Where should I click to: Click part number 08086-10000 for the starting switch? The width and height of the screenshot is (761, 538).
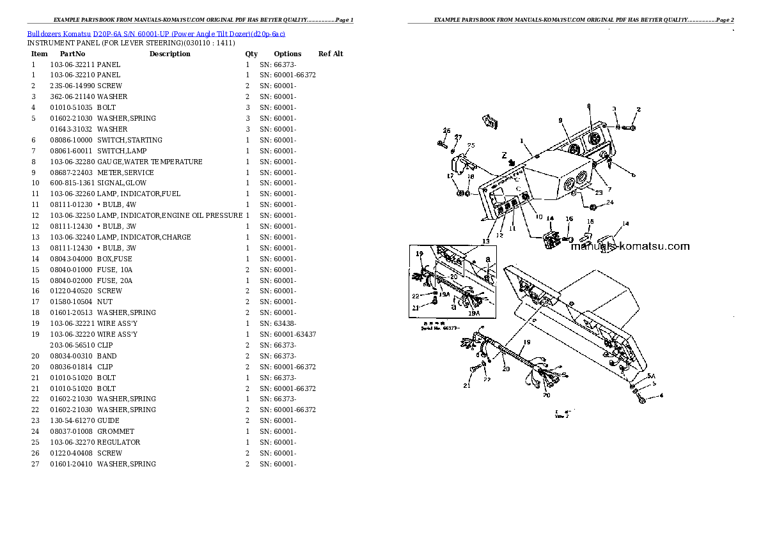(x=71, y=140)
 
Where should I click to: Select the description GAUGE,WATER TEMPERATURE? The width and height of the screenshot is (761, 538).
(x=150, y=162)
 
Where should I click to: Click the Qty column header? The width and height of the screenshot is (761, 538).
(x=251, y=54)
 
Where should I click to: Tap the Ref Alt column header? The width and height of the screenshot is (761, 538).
(x=330, y=54)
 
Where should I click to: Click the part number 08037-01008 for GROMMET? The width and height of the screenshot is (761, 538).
(x=71, y=431)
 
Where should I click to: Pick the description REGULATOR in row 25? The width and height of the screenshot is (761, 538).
(x=119, y=442)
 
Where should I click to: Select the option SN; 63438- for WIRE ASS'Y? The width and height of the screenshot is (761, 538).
(x=278, y=323)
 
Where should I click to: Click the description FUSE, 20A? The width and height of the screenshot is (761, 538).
(x=116, y=281)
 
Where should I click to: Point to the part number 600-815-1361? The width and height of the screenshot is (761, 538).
(x=71, y=183)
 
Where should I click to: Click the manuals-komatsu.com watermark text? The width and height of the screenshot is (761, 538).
(x=630, y=246)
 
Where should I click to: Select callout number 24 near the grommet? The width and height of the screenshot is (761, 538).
(x=609, y=203)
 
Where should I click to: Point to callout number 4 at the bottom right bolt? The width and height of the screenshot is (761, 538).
(x=661, y=396)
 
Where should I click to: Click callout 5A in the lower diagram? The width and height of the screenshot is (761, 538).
(x=651, y=376)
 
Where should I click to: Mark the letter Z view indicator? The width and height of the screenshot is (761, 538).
(x=504, y=155)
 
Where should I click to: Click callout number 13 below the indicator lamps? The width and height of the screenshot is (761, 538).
(x=486, y=241)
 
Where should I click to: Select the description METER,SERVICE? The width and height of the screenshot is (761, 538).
(x=125, y=173)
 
